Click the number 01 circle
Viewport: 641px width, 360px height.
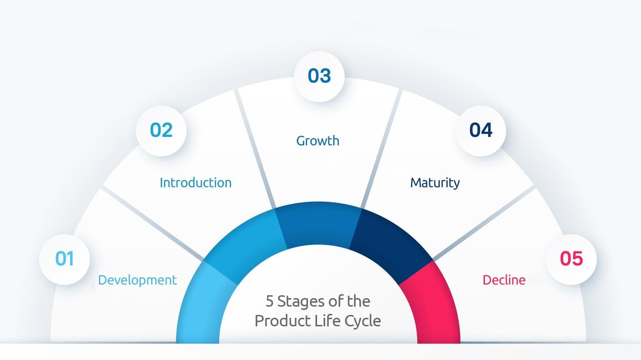tap(64, 259)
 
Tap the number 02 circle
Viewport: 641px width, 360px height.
tap(161, 131)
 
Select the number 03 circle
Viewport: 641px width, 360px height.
tap(319, 76)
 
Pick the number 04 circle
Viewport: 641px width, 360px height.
tap(481, 131)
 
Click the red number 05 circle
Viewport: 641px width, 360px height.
tap(571, 259)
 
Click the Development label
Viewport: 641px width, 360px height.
tap(137, 280)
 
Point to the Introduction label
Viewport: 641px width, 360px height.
tap(196, 183)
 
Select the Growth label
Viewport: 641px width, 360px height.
tap(318, 141)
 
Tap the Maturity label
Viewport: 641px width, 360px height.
tap(435, 183)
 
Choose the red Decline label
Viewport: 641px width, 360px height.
tap(504, 280)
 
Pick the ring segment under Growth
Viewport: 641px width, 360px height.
tap(318, 224)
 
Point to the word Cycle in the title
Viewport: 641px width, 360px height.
tap(362, 321)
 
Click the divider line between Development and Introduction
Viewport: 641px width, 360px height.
tap(154, 224)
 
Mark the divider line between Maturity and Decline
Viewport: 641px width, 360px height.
tap(483, 224)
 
